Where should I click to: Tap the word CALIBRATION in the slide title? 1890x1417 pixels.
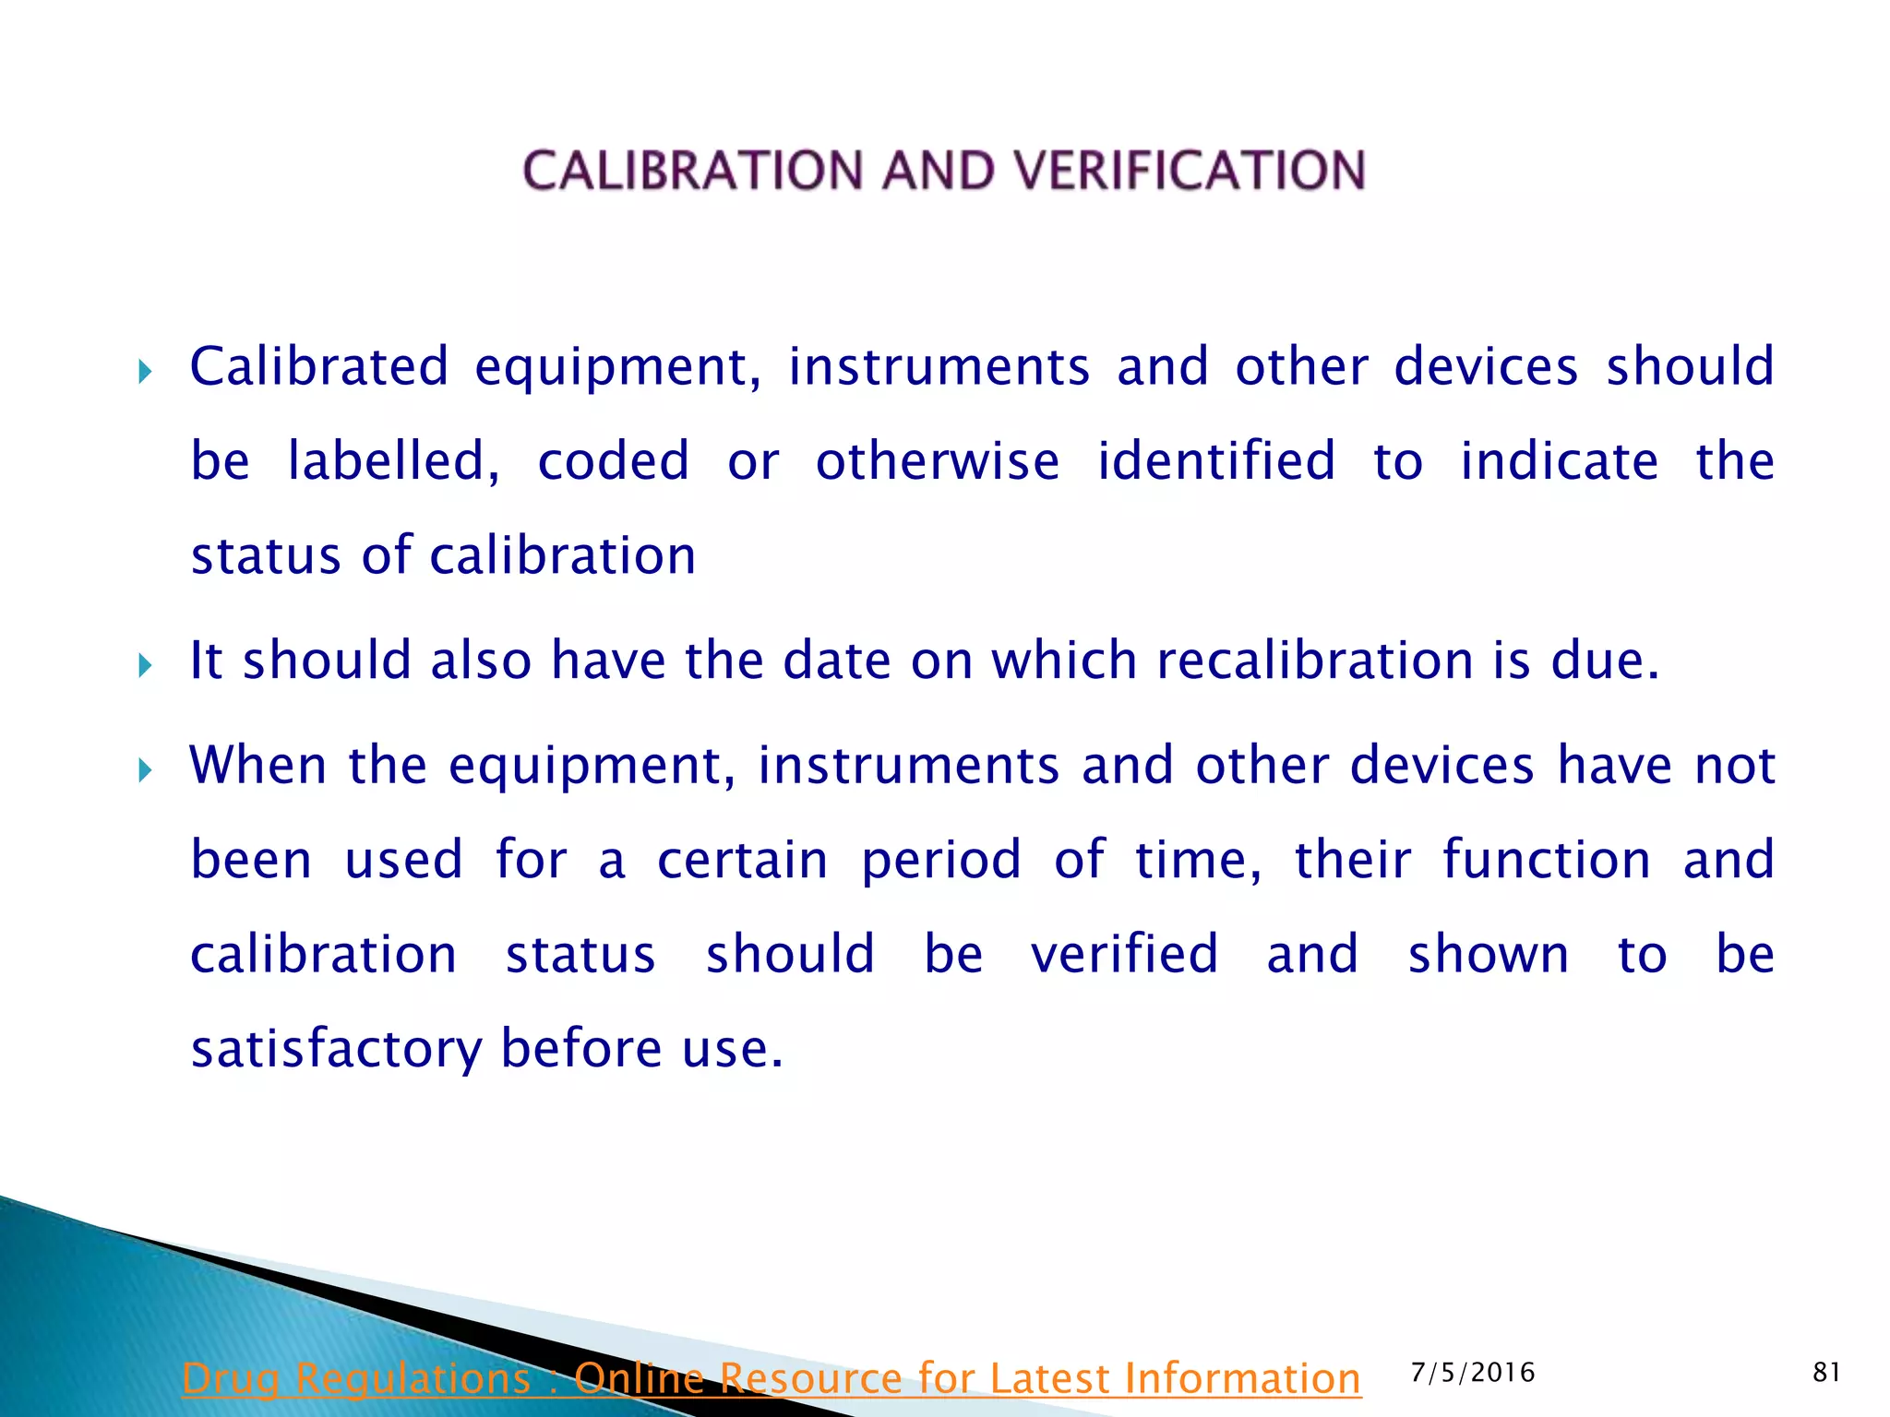[x=694, y=172]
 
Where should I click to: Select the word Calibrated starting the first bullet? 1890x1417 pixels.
[x=319, y=366]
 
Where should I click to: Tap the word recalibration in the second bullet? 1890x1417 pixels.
[x=1314, y=661]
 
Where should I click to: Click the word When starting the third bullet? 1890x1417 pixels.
[x=257, y=766]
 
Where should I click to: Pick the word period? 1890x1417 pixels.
[x=940, y=862]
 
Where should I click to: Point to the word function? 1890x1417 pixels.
[x=1546, y=860]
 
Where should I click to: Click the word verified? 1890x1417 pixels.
[x=1124, y=954]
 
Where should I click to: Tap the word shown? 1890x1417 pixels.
[x=1488, y=954]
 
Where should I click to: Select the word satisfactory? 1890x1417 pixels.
[x=336, y=1050]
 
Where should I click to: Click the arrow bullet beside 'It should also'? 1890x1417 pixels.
[x=144, y=664]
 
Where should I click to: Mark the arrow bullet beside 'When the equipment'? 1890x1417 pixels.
[x=144, y=769]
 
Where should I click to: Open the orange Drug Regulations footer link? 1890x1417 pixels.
[x=772, y=1378]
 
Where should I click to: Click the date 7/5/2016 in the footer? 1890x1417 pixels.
[x=1473, y=1373]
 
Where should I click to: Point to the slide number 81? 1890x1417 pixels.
[x=1826, y=1373]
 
